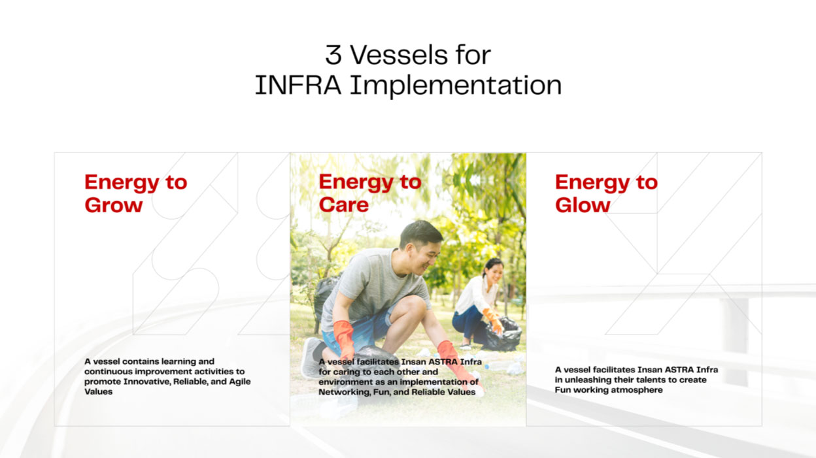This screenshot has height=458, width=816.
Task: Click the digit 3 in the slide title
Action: [x=333, y=56]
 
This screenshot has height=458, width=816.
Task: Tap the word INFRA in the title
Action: [x=298, y=86]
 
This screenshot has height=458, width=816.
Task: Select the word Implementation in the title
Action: [x=456, y=86]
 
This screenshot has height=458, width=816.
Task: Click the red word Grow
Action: [x=113, y=205]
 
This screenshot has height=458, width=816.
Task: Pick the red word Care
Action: [x=343, y=205]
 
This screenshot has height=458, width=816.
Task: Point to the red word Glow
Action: [x=583, y=205]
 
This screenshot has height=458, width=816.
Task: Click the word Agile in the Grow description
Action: [x=240, y=382]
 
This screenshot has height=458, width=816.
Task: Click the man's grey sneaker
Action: [x=311, y=357]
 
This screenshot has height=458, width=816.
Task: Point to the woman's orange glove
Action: [x=494, y=320]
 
